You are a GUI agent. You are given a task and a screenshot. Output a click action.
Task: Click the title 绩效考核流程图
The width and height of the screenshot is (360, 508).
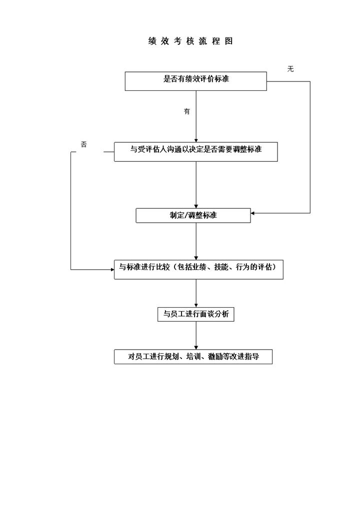(x=190, y=41)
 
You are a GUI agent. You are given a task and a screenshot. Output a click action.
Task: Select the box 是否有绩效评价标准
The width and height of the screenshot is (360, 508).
(x=195, y=81)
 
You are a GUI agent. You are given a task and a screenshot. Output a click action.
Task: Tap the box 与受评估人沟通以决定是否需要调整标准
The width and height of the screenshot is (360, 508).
(x=195, y=151)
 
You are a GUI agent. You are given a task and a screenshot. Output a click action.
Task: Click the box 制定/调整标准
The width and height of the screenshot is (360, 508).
(x=193, y=215)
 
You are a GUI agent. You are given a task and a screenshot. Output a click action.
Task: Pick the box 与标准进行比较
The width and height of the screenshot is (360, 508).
(x=198, y=269)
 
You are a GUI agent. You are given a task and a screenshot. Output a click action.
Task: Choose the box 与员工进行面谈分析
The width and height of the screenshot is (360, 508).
(x=195, y=314)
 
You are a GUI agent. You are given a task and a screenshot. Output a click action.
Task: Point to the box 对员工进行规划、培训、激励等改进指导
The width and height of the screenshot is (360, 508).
(x=193, y=357)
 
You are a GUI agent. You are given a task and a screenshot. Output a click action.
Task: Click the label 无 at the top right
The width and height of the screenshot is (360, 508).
(x=290, y=69)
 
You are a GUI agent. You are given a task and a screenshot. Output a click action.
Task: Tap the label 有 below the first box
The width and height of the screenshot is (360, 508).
(x=187, y=112)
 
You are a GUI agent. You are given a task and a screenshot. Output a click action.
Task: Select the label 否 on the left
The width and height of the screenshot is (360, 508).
(x=84, y=144)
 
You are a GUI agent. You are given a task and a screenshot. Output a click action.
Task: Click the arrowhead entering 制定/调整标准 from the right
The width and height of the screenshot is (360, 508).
(x=253, y=213)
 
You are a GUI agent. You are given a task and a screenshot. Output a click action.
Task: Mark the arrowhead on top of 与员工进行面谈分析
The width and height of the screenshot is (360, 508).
(x=196, y=305)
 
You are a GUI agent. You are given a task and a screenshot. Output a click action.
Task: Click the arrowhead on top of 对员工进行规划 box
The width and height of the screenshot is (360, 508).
(x=196, y=347)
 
